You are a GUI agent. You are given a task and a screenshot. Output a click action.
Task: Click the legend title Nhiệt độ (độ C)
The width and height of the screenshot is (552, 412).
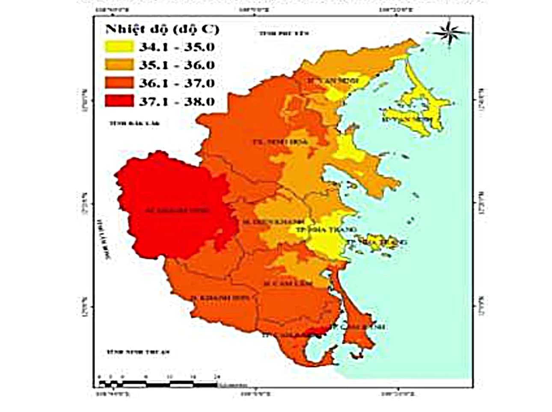tap(162, 29)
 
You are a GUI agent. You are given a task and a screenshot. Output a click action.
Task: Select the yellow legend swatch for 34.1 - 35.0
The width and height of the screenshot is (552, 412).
tap(119, 47)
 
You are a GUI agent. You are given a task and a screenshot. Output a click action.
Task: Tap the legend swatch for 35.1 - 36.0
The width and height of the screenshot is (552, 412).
tap(119, 65)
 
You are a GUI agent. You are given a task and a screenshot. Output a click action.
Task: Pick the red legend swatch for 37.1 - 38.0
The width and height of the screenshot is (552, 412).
tap(119, 101)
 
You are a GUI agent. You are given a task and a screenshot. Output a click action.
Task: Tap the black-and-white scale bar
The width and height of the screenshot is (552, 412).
tap(158, 384)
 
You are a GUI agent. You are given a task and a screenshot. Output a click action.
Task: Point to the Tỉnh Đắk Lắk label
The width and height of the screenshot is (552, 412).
tap(134, 123)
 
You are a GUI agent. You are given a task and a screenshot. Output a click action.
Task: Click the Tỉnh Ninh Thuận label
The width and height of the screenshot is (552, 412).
tap(138, 352)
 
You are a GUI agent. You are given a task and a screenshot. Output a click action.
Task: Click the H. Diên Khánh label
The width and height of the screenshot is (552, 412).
tap(273, 222)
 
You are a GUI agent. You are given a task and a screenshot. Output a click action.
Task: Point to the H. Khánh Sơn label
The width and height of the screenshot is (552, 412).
tap(220, 298)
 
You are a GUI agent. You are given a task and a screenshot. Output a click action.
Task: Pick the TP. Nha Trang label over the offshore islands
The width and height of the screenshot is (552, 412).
tap(377, 242)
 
